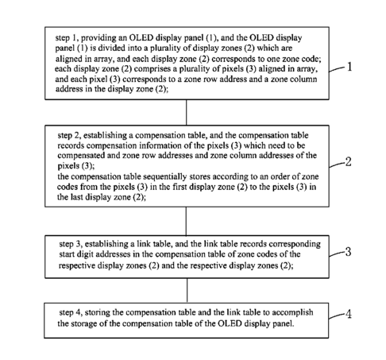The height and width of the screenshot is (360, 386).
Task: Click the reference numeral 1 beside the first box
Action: [x=349, y=67]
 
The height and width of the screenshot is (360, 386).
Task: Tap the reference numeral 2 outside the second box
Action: [x=349, y=161]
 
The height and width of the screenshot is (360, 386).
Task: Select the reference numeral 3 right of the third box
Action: [x=349, y=252]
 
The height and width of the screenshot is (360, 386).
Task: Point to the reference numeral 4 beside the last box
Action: [x=349, y=314]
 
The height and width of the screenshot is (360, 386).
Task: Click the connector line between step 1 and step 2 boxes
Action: [x=187, y=112]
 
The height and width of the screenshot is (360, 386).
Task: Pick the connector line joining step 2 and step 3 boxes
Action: [x=186, y=221]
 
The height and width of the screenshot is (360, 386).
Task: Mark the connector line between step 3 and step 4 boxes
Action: [x=187, y=290]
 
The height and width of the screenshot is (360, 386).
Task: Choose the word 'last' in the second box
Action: [x=77, y=197]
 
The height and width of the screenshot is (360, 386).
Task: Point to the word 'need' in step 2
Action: [x=277, y=145]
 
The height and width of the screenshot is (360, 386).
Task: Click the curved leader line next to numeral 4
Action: [x=337, y=315]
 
